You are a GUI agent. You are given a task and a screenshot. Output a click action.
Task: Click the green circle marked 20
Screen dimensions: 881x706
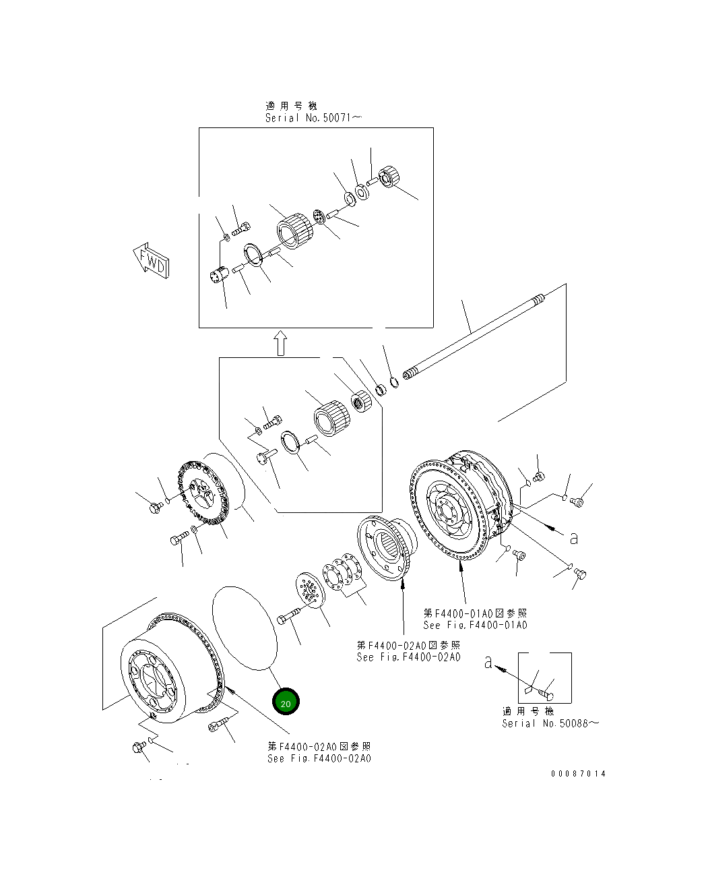[x=286, y=702]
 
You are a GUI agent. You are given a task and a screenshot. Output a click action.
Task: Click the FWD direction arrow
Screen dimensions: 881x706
[x=152, y=261]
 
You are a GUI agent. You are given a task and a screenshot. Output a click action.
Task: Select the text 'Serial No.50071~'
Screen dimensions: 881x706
[x=314, y=118]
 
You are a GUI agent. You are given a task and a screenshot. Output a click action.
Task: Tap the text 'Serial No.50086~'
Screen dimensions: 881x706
[x=550, y=723]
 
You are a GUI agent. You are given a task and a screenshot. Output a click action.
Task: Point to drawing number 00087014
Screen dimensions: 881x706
[x=578, y=773]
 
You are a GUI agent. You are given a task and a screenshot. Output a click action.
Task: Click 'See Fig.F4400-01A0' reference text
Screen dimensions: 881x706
[x=475, y=625]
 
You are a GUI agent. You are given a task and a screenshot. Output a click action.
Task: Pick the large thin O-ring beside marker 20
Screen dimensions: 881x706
[x=245, y=628]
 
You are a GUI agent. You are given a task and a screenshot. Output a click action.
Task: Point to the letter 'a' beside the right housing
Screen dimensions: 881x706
[x=573, y=538]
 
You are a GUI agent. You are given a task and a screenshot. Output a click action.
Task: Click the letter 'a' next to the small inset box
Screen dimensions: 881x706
[x=488, y=663]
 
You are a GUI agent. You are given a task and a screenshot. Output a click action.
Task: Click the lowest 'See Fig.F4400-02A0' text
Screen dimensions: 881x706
[x=319, y=758]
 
